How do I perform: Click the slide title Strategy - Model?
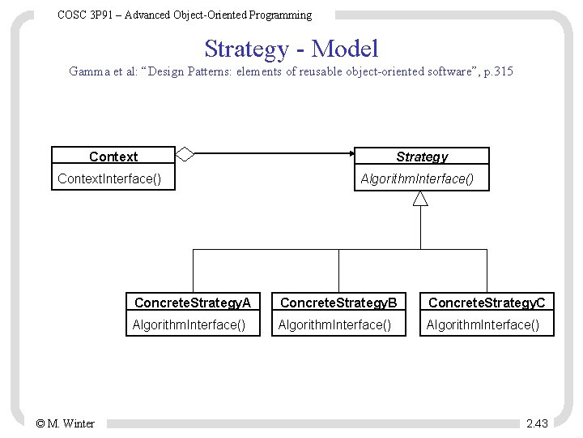[291, 49]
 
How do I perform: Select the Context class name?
[113, 157]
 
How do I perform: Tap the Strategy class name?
[421, 157]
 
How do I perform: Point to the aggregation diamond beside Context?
[185, 152]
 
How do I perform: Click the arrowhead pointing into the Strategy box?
[347, 152]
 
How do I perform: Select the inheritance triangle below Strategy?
[420, 200]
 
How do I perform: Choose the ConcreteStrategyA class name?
[193, 303]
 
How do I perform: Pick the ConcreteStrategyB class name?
[338, 303]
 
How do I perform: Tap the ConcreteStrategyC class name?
[487, 303]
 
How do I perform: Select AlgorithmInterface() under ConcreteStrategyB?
[334, 325]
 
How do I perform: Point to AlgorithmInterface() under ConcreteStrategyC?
[483, 325]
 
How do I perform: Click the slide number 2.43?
[537, 423]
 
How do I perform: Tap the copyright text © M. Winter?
[65, 423]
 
